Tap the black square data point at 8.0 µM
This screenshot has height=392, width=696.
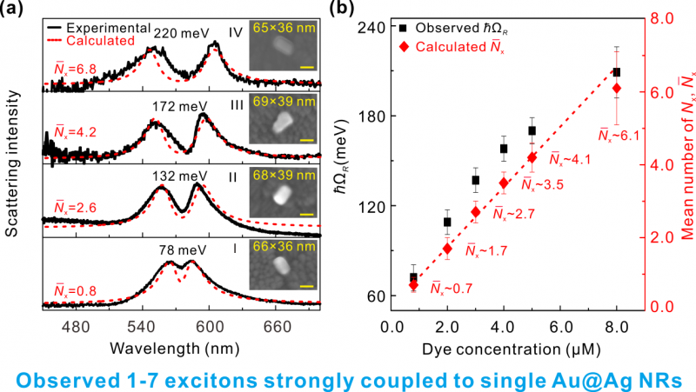click(616, 72)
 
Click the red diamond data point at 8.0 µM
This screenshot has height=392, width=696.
click(616, 88)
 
